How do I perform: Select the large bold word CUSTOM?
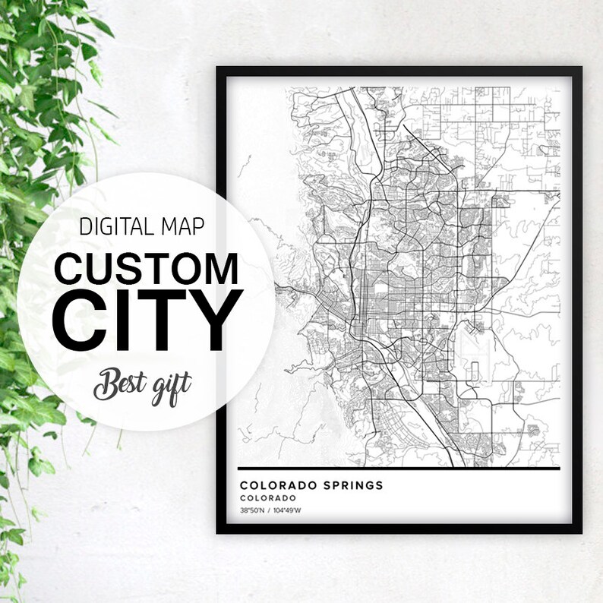[147, 268]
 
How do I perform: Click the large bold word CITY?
[147, 322]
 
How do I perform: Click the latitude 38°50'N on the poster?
[252, 510]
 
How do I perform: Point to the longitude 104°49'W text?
[287, 510]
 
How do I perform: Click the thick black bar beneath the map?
[399, 468]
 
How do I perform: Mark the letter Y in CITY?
[215, 322]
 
